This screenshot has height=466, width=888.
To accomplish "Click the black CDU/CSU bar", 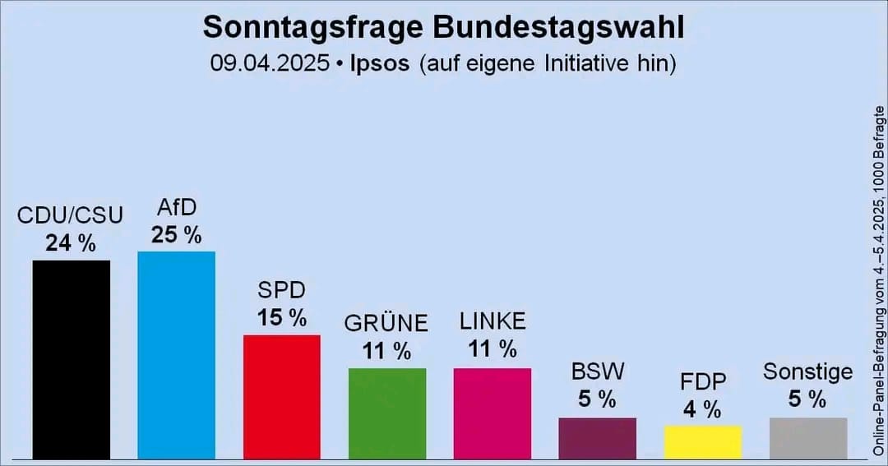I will (x=72, y=359).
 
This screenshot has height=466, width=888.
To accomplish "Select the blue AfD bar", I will (x=176, y=354).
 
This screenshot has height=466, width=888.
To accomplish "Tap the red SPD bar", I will (x=281, y=396).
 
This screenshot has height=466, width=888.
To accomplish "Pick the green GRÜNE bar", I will (x=386, y=413).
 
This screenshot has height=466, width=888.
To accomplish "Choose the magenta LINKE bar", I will (x=492, y=413).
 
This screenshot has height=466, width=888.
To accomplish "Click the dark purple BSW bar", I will (x=597, y=437).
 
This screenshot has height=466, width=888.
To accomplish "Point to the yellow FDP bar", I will (x=702, y=441).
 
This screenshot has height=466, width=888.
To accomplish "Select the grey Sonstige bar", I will (x=807, y=437).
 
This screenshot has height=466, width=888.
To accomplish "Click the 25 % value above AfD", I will (x=176, y=235).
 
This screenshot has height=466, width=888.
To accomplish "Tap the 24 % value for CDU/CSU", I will (x=71, y=243).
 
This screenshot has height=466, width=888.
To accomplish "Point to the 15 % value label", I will (x=281, y=317).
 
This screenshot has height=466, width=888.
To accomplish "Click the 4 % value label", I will (x=702, y=408).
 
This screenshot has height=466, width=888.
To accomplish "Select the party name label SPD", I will (x=281, y=290).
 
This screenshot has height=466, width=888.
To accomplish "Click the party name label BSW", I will (x=597, y=371).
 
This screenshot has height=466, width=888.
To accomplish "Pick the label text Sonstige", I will (x=807, y=371).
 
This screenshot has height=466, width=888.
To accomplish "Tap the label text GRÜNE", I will (x=386, y=323).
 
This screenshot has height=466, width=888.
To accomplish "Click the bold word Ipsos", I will (x=378, y=63).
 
